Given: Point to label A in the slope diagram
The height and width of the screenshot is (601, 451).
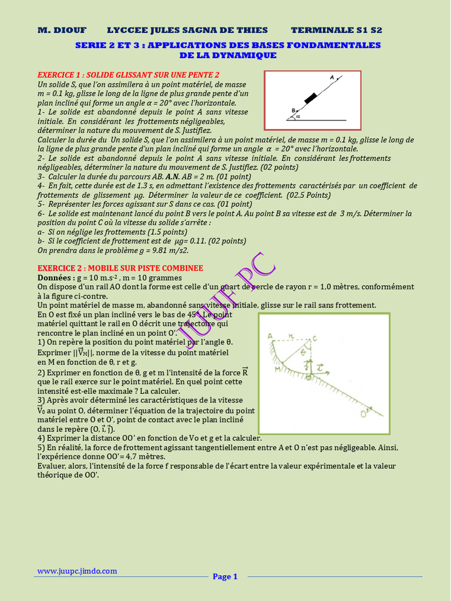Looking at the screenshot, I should (x=332, y=77).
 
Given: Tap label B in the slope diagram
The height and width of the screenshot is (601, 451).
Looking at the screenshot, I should (x=293, y=110).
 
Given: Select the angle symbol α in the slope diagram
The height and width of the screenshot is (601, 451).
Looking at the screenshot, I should (x=298, y=116).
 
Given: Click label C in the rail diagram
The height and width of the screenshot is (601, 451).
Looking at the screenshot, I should (x=315, y=336).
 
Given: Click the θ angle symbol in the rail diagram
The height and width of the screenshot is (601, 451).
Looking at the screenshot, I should (x=303, y=352).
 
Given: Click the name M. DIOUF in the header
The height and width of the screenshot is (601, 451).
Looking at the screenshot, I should (x=62, y=30).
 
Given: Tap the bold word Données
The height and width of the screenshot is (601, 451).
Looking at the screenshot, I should (x=56, y=277).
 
